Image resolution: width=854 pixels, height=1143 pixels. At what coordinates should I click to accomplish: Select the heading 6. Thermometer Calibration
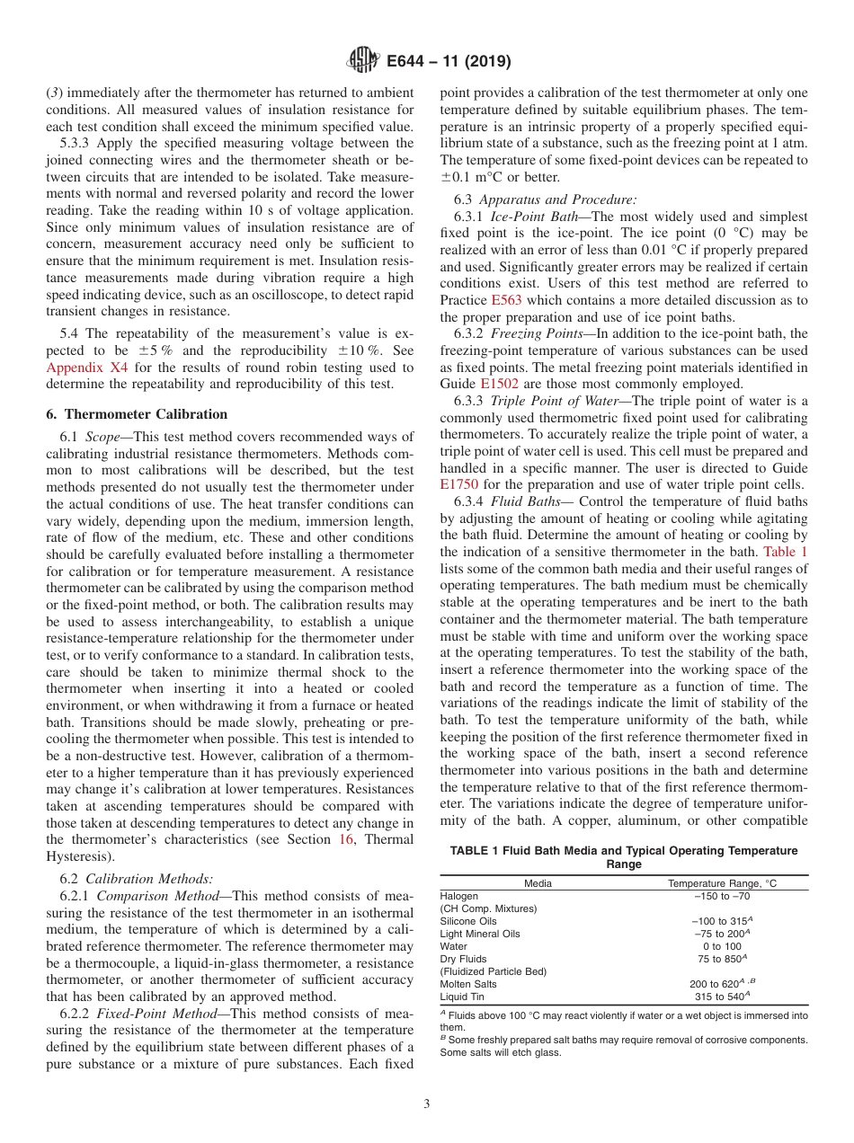click(137, 414)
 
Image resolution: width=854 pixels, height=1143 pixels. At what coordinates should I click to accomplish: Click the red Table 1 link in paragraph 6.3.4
click(785, 552)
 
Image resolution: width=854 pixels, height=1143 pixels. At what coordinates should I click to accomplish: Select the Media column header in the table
click(538, 883)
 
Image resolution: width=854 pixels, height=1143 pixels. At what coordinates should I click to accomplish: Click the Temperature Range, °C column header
click(722, 883)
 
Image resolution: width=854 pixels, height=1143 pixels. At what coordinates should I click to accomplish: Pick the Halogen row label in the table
click(459, 896)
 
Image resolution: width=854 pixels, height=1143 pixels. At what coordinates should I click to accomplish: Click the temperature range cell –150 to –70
click(717, 896)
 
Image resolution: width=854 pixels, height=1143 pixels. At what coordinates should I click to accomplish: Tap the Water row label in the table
click(453, 946)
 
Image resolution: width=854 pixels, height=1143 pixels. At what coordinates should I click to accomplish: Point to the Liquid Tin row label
click(461, 997)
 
